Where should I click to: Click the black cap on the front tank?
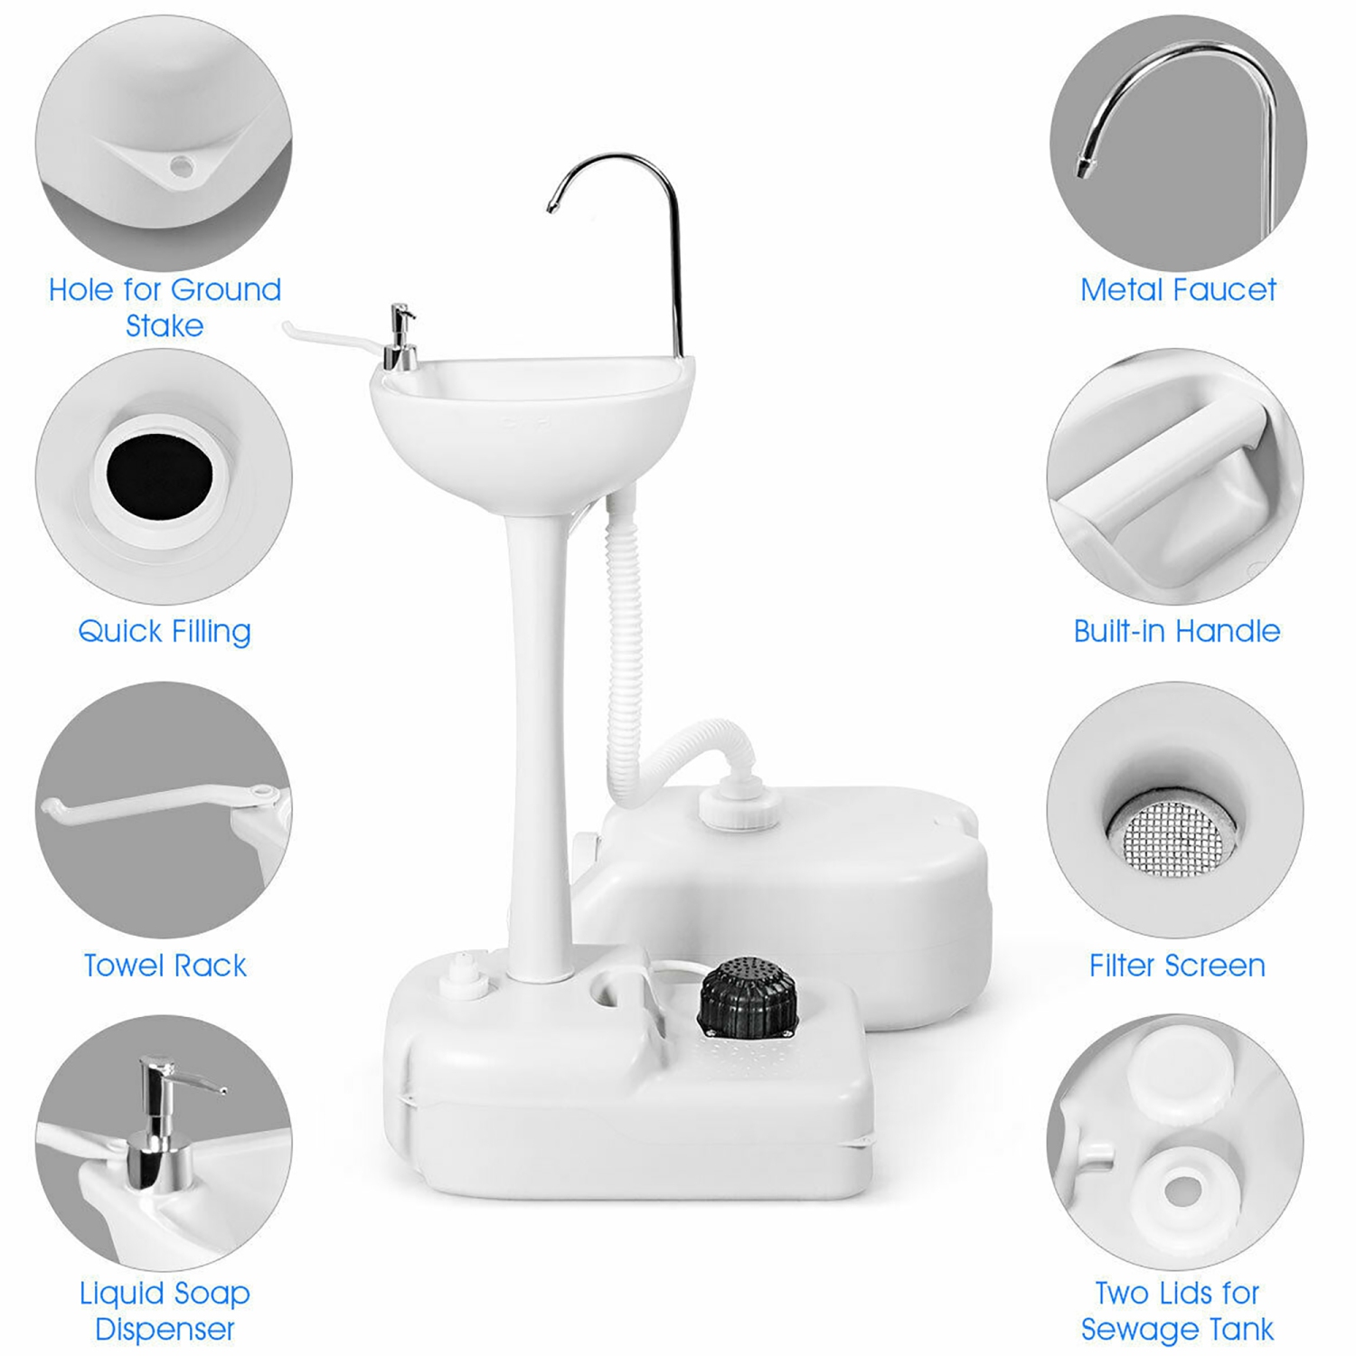pyautogui.click(x=748, y=996)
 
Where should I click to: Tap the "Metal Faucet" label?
pyautogui.click(x=1177, y=290)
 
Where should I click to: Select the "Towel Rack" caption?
pyautogui.click(x=165, y=965)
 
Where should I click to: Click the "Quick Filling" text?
pyautogui.click(x=165, y=631)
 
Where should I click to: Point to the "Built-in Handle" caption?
pyautogui.click(x=1176, y=631)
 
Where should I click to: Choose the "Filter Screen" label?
pyautogui.click(x=1176, y=965)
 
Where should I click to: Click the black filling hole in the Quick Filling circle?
pyautogui.click(x=159, y=474)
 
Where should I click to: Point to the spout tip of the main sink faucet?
pyautogui.click(x=551, y=208)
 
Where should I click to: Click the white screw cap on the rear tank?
pyautogui.click(x=737, y=807)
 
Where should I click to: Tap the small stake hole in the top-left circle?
pyautogui.click(x=182, y=165)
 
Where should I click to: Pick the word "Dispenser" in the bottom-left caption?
pyautogui.click(x=165, y=1330)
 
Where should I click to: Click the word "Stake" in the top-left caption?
pyautogui.click(x=165, y=325)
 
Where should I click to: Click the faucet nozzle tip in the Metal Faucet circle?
pyautogui.click(x=1081, y=168)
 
